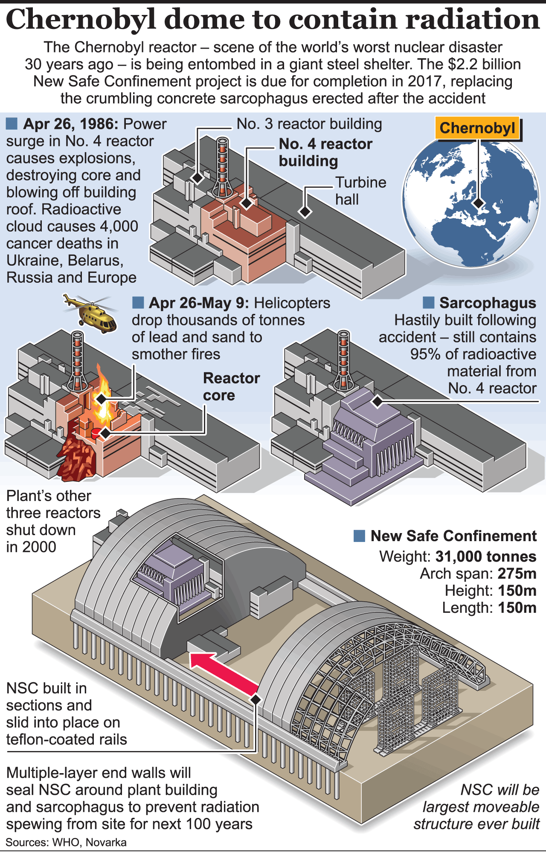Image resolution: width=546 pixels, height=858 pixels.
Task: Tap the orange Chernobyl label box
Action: pos(477,128)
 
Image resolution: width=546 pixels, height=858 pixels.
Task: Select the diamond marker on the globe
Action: pos(479,203)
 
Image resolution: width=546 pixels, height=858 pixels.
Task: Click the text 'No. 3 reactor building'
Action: pos(309,124)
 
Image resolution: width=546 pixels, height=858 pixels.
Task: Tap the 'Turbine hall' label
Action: pos(360,191)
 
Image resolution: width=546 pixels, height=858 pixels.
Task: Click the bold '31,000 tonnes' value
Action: pos(486,557)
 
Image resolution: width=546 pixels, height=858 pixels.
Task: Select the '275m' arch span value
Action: pos(517,574)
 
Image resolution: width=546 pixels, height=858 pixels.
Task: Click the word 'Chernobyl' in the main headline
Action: pos(81,20)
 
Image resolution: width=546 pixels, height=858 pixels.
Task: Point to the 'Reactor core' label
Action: pos(231,386)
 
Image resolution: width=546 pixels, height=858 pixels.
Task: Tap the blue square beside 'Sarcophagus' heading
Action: pos(428,302)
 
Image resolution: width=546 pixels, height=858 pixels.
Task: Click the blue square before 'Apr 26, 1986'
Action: pos(12,124)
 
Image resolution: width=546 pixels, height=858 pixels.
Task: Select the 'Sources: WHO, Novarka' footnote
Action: pos(66,842)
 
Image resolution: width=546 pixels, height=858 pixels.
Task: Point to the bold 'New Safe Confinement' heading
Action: pos(453,536)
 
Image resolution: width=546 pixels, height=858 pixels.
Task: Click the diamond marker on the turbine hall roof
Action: pos(305,212)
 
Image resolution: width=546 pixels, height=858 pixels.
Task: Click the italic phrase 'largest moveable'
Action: pos(481,807)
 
